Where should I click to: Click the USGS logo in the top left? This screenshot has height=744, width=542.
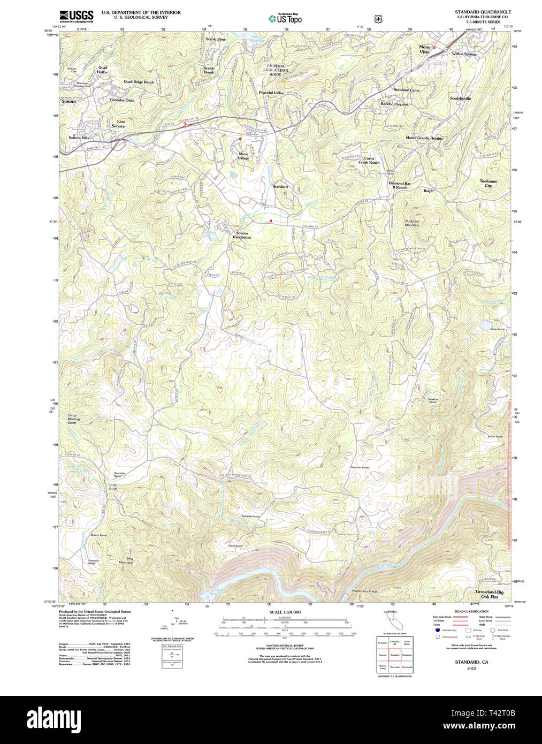tap(76, 16)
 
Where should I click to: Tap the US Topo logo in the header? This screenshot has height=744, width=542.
tap(285, 19)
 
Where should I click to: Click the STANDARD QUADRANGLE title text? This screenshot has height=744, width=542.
tap(483, 12)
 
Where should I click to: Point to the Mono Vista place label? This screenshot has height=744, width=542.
tap(424, 49)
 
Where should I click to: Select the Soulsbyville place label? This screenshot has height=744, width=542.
tap(460, 98)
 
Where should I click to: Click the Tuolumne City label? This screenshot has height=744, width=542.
tap(488, 184)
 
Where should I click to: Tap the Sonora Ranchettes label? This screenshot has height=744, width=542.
tap(242, 236)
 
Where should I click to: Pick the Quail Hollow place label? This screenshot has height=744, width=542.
tap(102, 70)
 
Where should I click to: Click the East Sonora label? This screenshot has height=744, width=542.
tap(120, 124)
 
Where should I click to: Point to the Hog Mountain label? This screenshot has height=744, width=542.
tap(126, 560)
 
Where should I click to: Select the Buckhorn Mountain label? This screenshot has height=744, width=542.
tap(412, 223)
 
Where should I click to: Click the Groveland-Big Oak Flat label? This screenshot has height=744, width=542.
tap(489, 594)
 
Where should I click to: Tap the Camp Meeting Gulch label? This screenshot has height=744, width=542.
tap(73, 419)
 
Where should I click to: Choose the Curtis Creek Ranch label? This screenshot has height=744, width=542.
tap(369, 161)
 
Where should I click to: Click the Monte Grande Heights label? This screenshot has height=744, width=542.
tap(424, 138)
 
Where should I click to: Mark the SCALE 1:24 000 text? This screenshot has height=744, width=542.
tap(285, 612)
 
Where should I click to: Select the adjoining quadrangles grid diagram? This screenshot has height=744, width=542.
tap(394, 654)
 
